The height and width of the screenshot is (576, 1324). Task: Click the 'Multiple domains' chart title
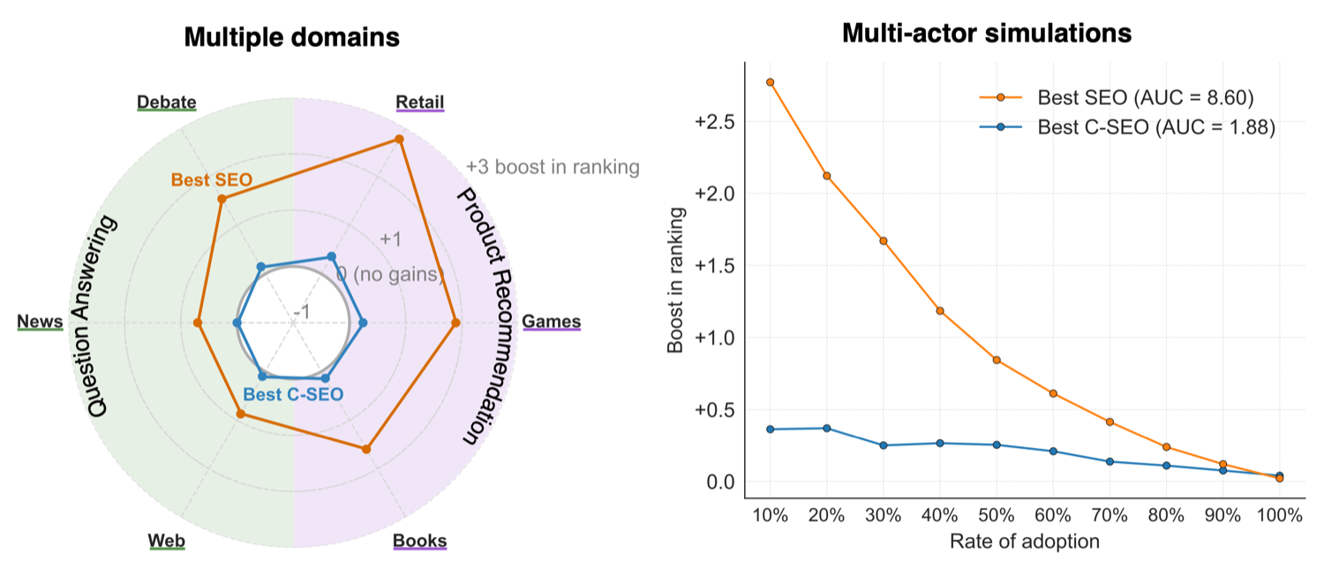click(x=292, y=37)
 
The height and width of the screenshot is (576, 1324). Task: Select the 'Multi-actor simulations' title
click(x=987, y=33)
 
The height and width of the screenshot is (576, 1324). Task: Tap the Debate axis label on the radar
click(x=167, y=102)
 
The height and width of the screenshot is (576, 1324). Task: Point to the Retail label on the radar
click(x=419, y=102)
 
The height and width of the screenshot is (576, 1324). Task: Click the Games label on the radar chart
click(x=552, y=321)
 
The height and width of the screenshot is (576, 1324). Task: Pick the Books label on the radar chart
click(x=419, y=541)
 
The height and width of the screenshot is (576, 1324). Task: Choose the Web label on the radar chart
click(x=167, y=541)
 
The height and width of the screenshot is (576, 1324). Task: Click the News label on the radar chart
click(x=40, y=321)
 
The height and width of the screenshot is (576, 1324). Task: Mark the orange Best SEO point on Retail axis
click(x=399, y=140)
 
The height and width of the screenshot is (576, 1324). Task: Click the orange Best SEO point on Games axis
click(x=455, y=322)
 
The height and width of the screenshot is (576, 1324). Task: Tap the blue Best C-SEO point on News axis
click(x=237, y=322)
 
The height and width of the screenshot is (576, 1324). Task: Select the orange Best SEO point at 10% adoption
click(x=771, y=82)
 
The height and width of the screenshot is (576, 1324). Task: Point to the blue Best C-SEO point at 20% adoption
click(x=827, y=428)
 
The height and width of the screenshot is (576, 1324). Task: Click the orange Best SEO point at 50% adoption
click(x=997, y=360)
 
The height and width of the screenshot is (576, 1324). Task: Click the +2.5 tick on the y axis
click(x=715, y=122)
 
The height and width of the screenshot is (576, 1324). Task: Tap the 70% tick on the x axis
click(x=1110, y=515)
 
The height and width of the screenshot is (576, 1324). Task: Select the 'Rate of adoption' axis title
click(x=1024, y=542)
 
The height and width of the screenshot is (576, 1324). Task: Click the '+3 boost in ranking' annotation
click(x=553, y=167)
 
